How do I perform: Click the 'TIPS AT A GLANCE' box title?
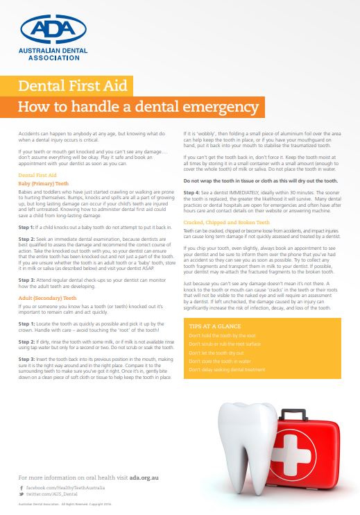(x=214, y=325)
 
